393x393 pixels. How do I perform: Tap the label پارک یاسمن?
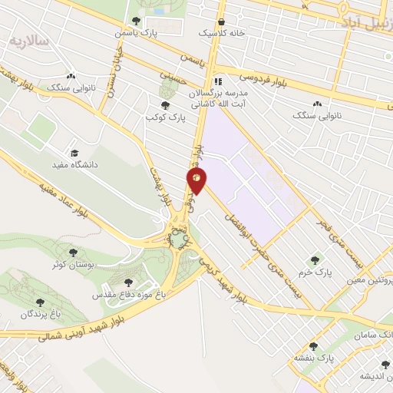(x=135, y=34)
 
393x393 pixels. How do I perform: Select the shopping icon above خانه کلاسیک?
(x=222, y=21)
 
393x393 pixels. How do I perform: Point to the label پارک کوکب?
(x=163, y=118)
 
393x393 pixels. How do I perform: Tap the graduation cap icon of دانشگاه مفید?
(x=74, y=152)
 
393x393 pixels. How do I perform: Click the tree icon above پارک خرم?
(x=313, y=259)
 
